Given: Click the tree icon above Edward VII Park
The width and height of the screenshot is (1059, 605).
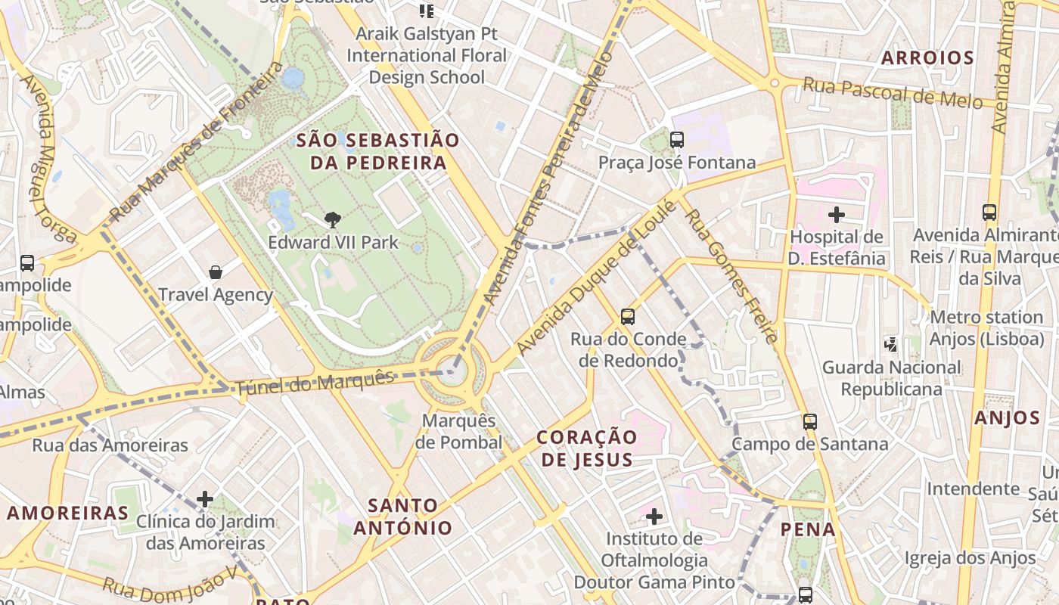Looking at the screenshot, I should [331, 220].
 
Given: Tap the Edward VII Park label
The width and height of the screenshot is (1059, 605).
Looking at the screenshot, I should [333, 243].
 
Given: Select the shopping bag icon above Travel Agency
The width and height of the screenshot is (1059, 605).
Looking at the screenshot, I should [216, 272].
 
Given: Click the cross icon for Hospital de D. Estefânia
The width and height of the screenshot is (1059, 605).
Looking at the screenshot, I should [837, 215].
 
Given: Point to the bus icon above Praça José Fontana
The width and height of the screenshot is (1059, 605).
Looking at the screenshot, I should [677, 140].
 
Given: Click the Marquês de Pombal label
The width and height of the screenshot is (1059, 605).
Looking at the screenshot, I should [461, 431].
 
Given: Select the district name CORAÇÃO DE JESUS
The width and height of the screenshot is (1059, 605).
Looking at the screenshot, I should [587, 448].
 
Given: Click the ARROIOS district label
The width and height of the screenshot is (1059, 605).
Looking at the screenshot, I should [927, 58].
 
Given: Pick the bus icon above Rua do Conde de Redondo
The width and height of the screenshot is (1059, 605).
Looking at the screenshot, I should [627, 317].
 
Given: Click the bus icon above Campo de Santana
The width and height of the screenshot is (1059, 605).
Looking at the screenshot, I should [810, 421].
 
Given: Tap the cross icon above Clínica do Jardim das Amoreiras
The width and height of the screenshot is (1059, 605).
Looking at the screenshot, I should [205, 499].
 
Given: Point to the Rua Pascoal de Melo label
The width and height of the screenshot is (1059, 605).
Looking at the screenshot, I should [892, 93].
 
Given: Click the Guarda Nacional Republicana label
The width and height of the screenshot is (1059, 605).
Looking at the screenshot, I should [892, 378].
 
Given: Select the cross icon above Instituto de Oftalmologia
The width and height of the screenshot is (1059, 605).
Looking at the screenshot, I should [654, 517].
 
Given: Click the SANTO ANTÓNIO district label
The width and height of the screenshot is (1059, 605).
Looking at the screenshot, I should [402, 517].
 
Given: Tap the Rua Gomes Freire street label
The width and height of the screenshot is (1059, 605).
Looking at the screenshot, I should [731, 276].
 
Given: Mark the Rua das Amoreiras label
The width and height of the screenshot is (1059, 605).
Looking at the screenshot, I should [110, 445].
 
